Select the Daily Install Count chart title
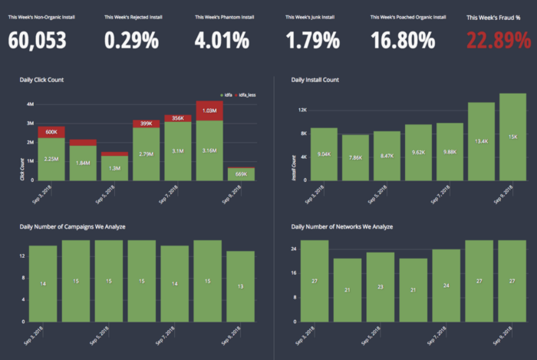coord(315,80)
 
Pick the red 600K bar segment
coord(51,132)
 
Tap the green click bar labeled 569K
coord(241,174)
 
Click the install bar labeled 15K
coord(512,137)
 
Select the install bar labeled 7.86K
coord(355,157)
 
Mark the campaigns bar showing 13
coord(241,286)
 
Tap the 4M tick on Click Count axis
coord(29,104)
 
